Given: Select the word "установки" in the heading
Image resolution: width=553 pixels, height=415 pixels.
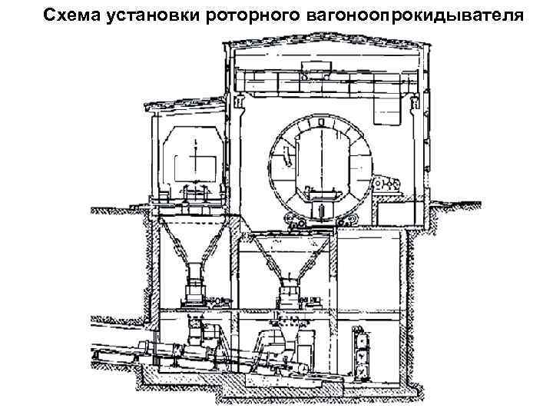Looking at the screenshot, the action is coord(150,15).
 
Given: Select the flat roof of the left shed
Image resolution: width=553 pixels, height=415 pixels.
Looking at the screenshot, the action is coord(184,105).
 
